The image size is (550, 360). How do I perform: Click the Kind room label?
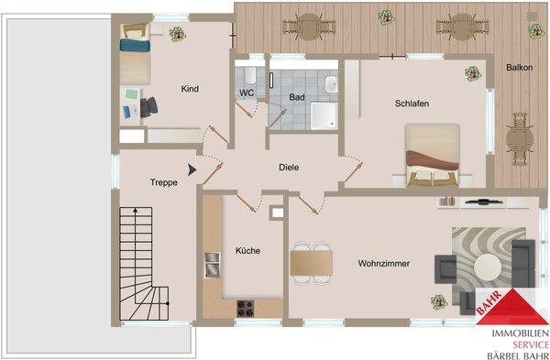pos(190,89)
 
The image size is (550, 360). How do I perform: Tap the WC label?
pos(247,93)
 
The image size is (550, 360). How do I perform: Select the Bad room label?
pos(297,97)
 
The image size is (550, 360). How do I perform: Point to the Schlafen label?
pos(412,104)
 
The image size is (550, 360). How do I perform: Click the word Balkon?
pos(519,68)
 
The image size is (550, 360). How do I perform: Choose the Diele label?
pos(289,168)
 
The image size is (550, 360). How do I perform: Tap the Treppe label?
pos(164,182)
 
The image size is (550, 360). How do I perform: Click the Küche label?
pos(247,251)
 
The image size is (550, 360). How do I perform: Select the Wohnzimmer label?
pos(384,264)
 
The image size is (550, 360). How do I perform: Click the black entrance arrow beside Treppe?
pos(192,169)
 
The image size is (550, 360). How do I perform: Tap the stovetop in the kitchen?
pos(245,309)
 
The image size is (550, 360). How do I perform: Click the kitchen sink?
pos(213,265)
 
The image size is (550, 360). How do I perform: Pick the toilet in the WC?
pos(250,75)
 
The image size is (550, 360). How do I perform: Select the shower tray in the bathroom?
pos(324,116)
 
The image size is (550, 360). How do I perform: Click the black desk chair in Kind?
pos(148,107)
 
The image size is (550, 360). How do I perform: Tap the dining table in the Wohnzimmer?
pos(311,263)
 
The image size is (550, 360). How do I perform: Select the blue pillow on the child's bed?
pos(135,45)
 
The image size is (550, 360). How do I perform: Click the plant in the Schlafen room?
pos(473,73)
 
